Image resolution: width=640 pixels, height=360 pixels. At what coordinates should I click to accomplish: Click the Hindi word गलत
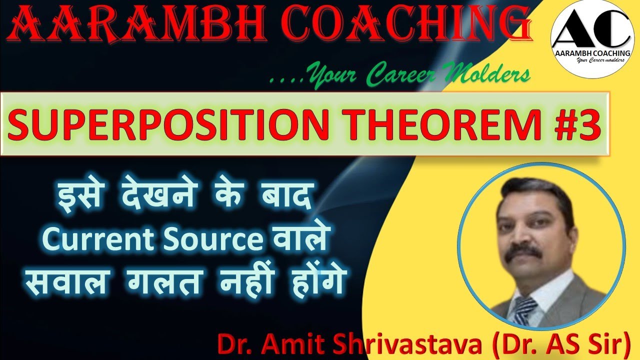point(162,283)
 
